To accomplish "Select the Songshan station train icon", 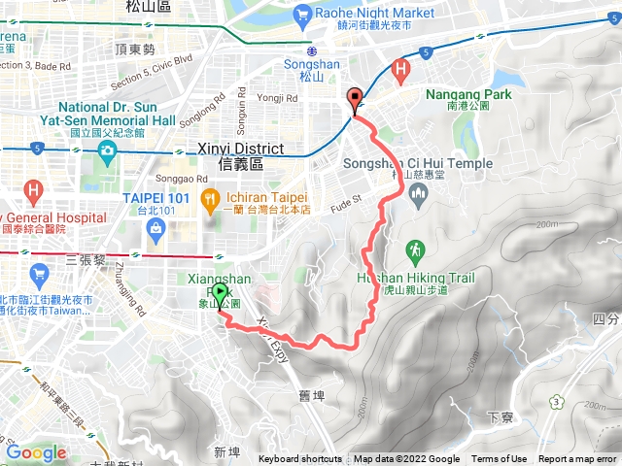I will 311,51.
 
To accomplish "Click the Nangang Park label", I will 462,95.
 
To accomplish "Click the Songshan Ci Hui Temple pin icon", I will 419,194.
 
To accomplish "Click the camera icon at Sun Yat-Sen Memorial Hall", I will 105,150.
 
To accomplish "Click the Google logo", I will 35,452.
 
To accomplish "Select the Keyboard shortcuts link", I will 299,459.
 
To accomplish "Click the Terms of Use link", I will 500,459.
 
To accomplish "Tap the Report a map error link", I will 579,459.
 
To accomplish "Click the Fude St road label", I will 345,201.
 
